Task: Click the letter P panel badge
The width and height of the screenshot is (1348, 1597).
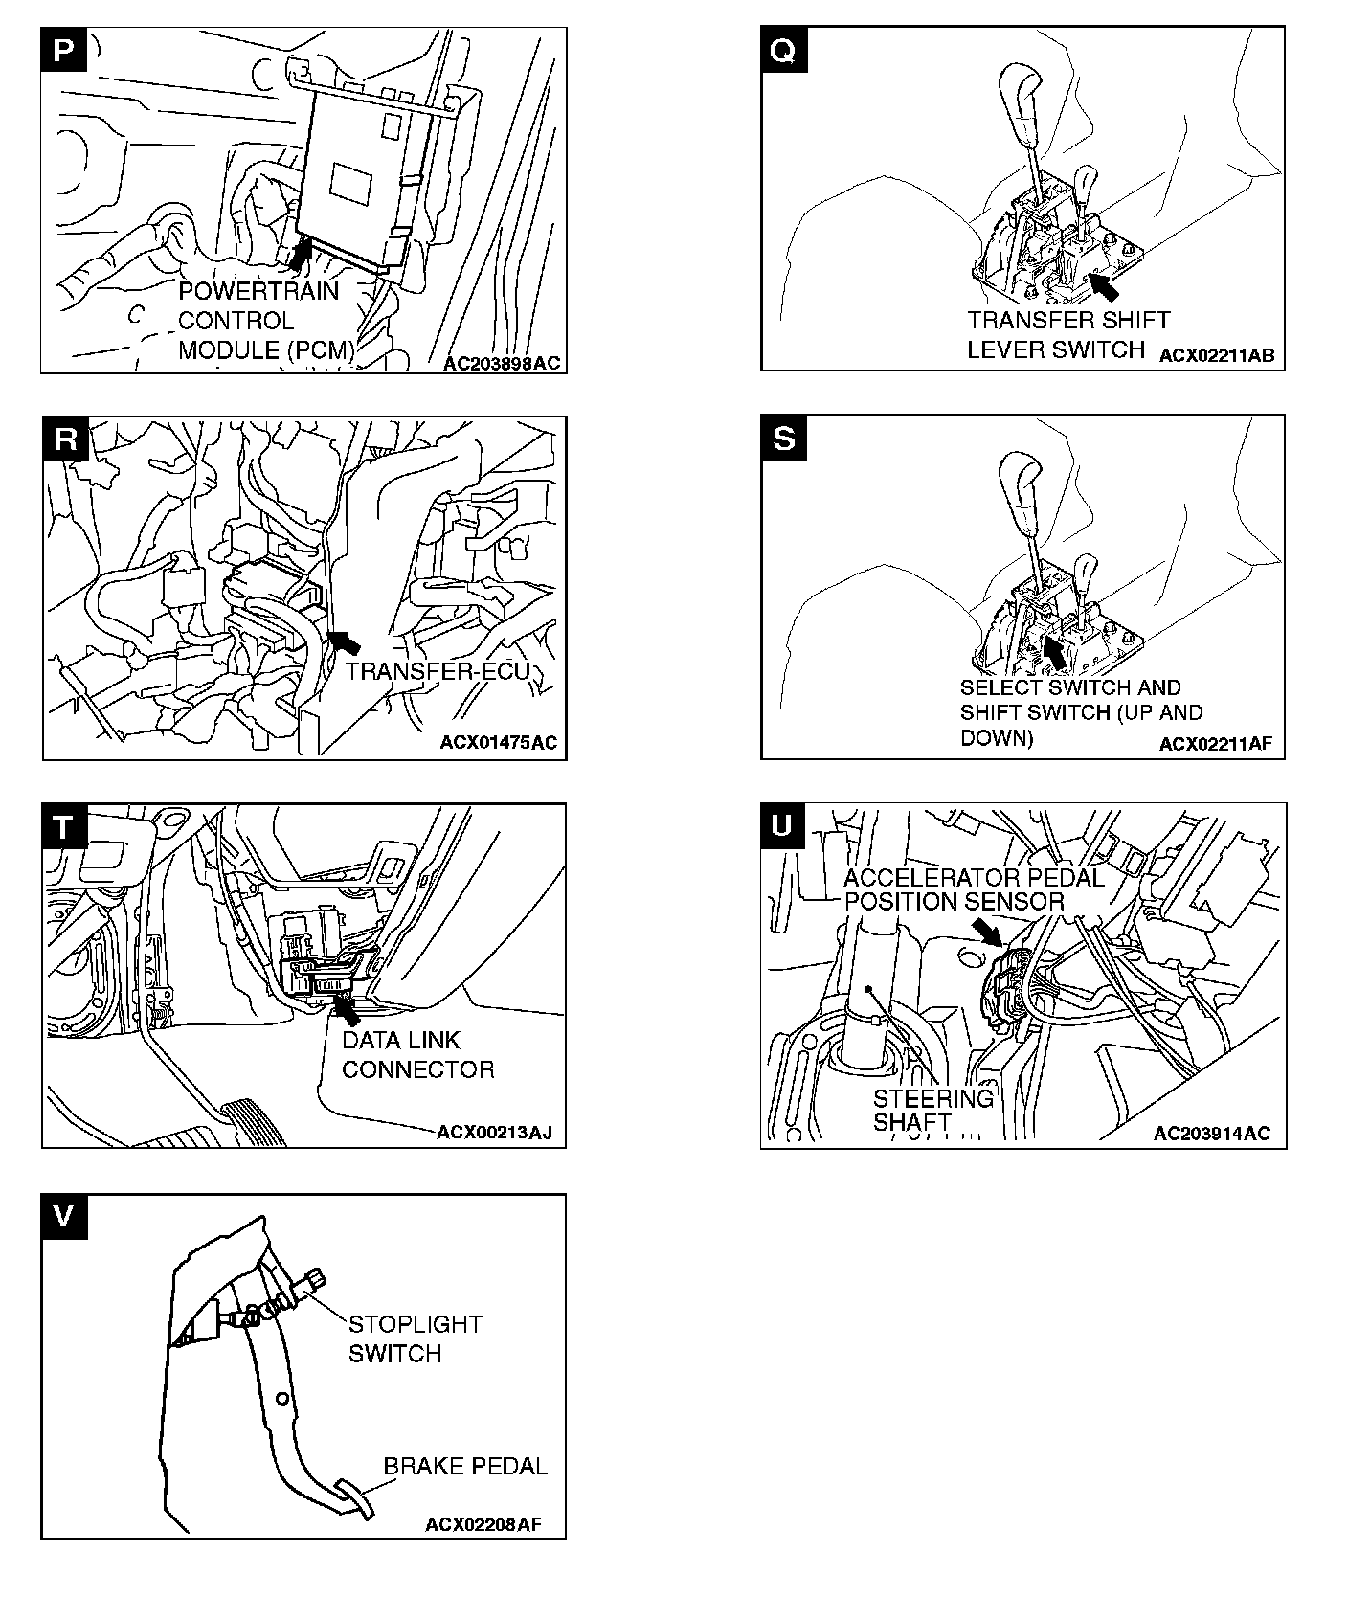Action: [64, 50]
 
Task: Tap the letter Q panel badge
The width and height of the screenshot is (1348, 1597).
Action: [783, 50]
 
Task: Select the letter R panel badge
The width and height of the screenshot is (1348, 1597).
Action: [64, 439]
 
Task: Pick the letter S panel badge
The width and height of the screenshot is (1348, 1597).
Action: [783, 439]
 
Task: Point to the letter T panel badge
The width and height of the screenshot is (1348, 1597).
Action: [64, 826]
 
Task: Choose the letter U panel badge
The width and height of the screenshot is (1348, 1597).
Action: [783, 826]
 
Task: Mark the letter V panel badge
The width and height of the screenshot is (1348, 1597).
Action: [64, 1216]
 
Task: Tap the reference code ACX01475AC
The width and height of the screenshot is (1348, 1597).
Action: [498, 743]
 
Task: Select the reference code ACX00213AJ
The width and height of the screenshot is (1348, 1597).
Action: [494, 1134]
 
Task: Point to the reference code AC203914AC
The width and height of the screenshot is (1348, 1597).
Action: [1212, 1134]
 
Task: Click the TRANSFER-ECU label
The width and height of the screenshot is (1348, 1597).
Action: [438, 671]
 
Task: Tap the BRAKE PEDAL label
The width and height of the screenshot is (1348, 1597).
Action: [465, 1466]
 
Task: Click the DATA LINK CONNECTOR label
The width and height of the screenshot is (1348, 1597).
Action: [418, 1054]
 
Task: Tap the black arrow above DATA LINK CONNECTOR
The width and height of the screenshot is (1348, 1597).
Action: [348, 1010]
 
